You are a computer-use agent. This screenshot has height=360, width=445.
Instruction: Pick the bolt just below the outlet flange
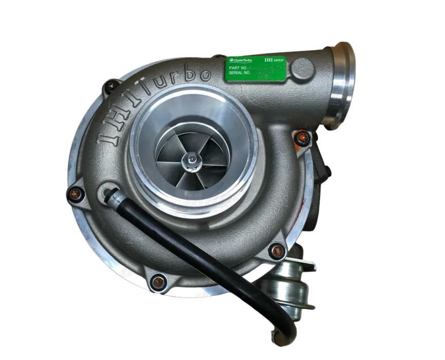[303, 137]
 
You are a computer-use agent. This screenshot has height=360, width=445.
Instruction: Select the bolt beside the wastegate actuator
[277, 251]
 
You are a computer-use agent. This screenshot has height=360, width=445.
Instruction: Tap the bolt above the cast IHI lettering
[112, 85]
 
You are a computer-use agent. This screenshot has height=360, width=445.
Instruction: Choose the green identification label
[255, 69]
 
